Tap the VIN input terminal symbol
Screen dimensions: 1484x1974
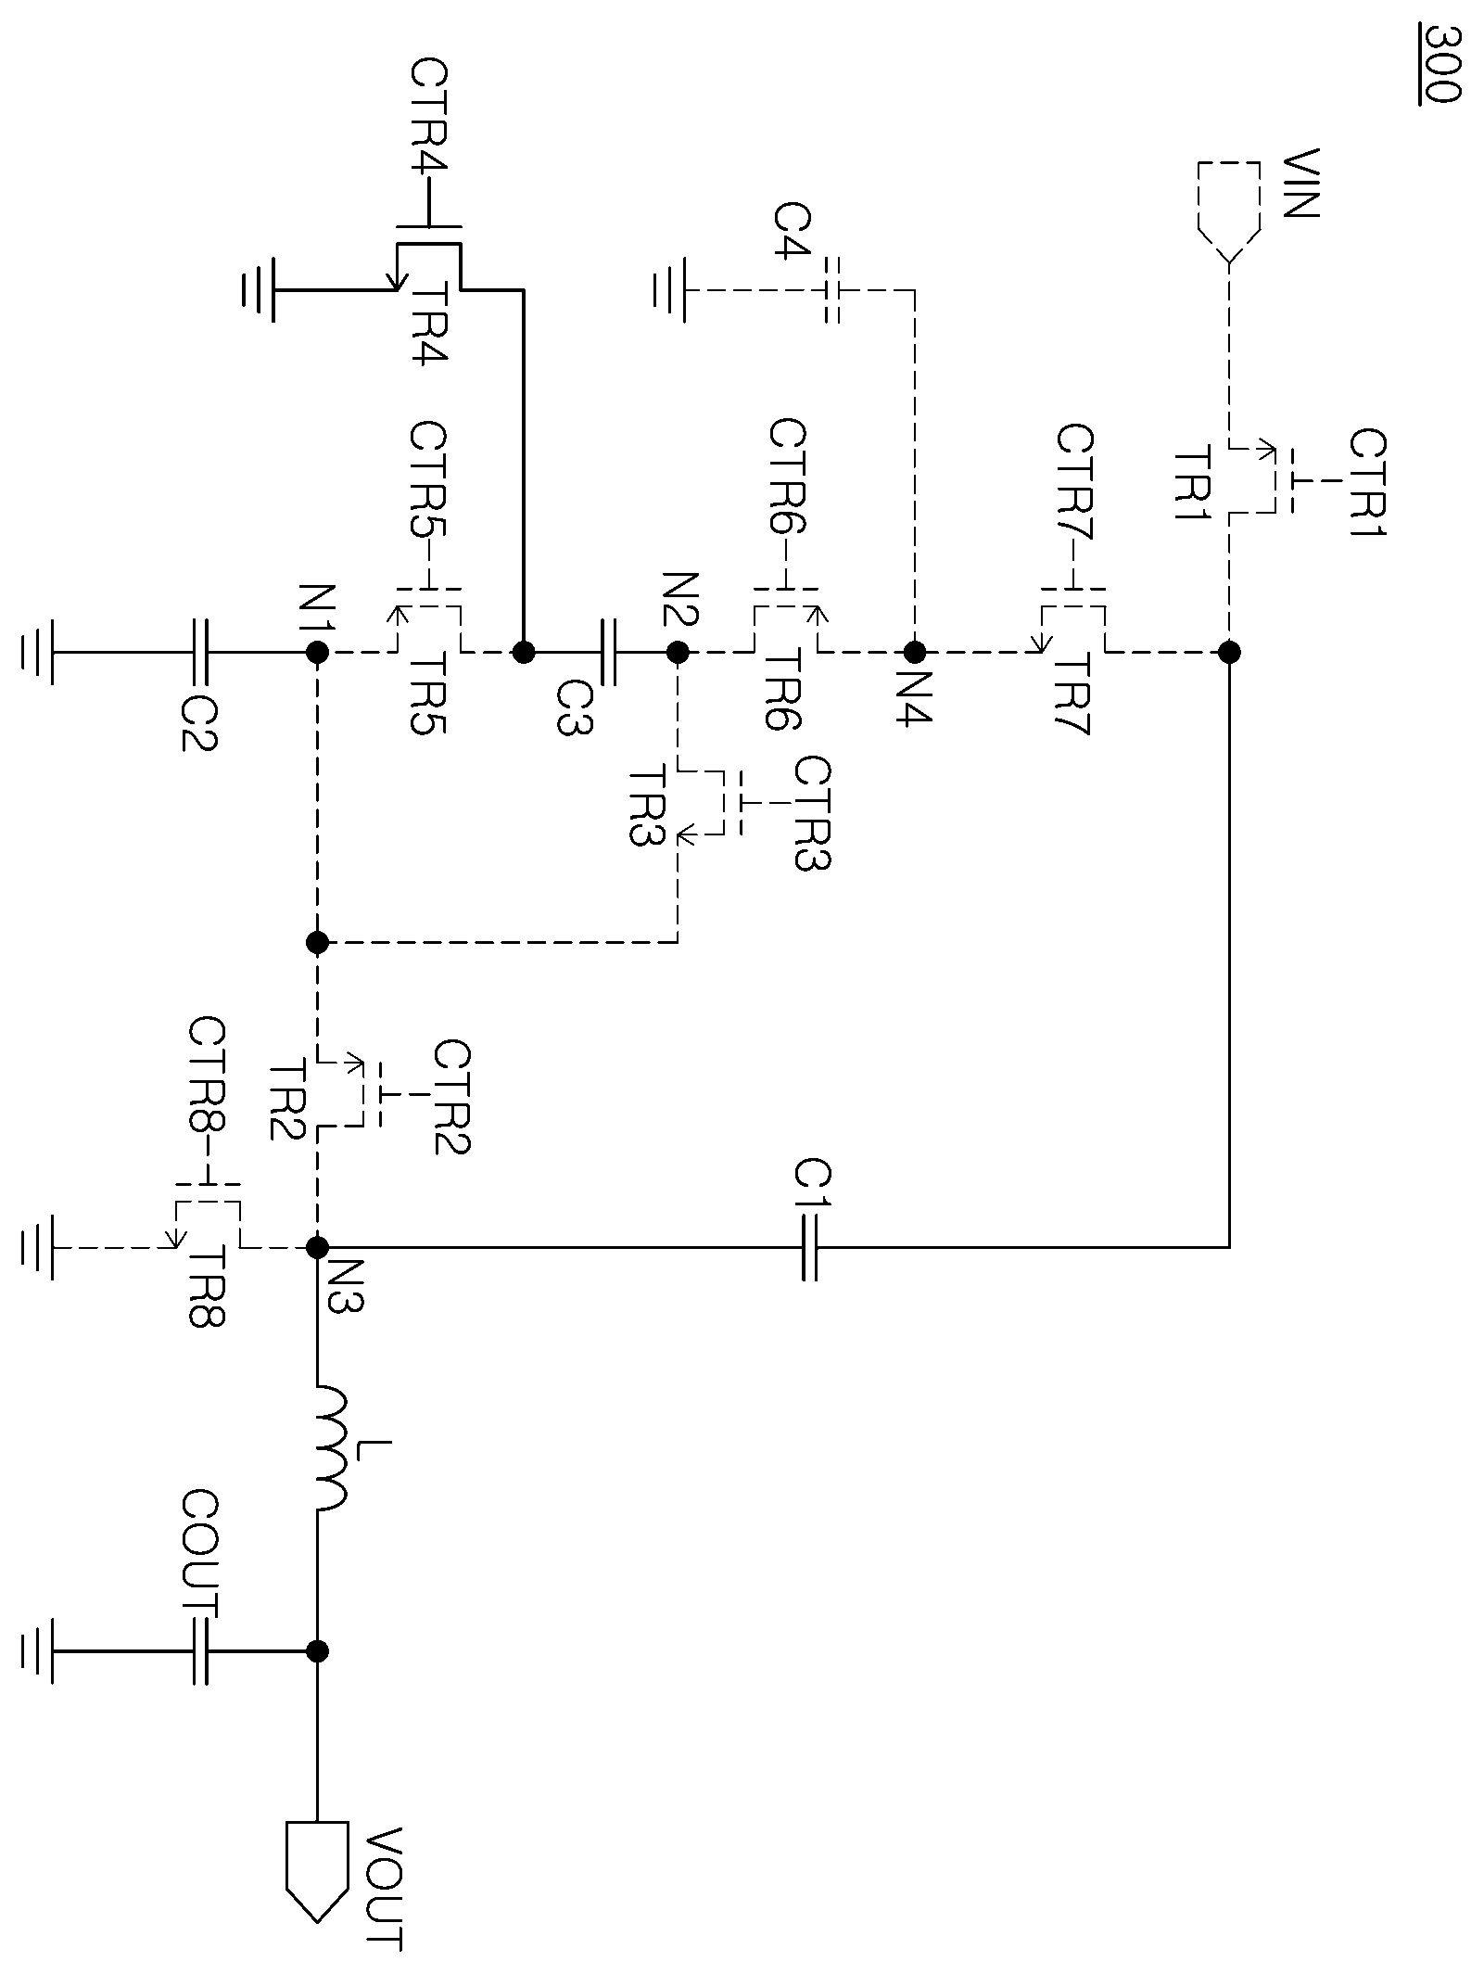(x=1228, y=211)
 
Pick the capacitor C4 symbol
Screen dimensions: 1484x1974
(x=831, y=290)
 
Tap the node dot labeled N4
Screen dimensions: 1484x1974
(x=914, y=652)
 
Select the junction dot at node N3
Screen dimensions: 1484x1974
(x=317, y=1247)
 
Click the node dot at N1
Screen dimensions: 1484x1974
(x=317, y=652)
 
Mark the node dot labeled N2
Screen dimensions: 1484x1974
(x=678, y=652)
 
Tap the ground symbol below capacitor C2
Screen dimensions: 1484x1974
(x=36, y=652)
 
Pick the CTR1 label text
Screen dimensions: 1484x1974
(x=1366, y=483)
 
